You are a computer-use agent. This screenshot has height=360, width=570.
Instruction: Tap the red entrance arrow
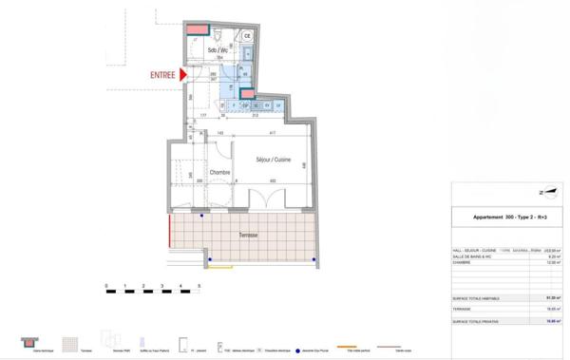[185, 74]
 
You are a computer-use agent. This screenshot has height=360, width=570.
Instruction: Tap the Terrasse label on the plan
[249, 235]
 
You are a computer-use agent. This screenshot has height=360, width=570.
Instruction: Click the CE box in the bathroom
[247, 36]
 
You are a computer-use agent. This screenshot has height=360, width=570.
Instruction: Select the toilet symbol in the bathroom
[217, 38]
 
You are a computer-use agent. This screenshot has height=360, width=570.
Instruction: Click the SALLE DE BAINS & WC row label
[471, 256]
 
